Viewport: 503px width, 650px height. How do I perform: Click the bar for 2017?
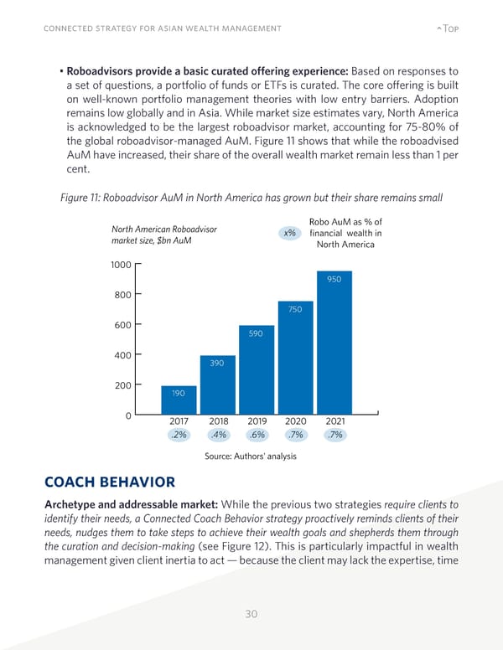tap(178, 400)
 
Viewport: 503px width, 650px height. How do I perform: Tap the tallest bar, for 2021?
tap(334, 343)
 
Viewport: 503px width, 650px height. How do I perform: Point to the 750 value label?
tap(295, 310)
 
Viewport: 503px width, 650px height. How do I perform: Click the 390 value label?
tap(217, 364)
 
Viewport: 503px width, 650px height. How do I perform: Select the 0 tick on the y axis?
tap(127, 416)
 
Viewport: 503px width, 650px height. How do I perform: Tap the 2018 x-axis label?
tap(218, 421)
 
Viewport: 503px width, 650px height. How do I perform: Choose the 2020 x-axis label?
tap(295, 421)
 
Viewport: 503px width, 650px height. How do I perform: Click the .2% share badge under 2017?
tap(178, 436)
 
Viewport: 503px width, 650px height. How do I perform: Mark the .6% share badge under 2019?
tap(257, 436)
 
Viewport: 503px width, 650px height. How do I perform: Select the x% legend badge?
tap(288, 233)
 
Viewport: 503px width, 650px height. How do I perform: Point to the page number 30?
tap(251, 614)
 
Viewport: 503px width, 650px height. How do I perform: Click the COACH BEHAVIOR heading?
tap(108, 482)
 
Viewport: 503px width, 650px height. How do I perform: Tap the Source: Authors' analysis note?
tap(251, 457)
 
